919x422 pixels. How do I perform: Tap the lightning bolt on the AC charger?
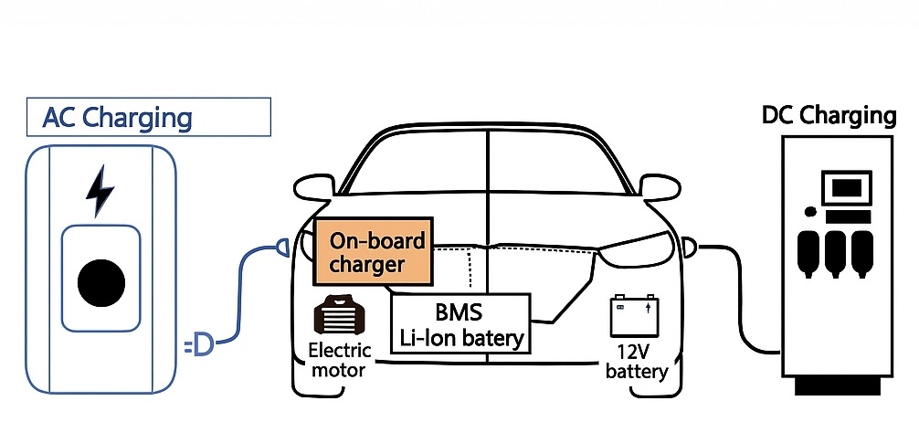(99, 189)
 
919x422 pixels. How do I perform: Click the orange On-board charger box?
(371, 253)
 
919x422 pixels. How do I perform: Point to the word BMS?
(459, 312)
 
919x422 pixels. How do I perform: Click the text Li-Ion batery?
(461, 338)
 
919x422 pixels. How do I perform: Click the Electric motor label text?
(339, 360)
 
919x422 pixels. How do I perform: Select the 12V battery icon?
(633, 316)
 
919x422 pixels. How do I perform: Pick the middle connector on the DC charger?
(834, 252)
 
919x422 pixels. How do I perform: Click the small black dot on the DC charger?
(809, 212)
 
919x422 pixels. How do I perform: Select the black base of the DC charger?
(837, 385)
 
